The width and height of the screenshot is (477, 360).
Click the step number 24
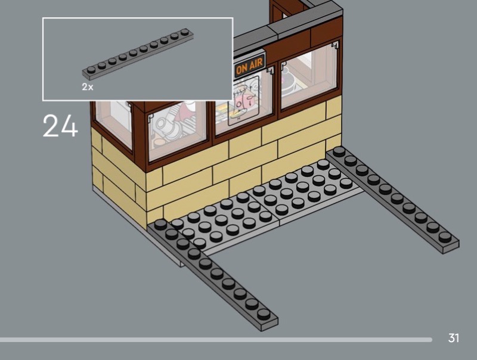click(x=60, y=126)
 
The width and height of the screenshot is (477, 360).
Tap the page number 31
click(x=454, y=339)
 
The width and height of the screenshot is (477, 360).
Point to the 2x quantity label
click(x=88, y=87)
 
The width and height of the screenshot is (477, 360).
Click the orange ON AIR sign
click(x=250, y=67)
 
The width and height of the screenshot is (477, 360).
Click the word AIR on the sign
click(x=256, y=66)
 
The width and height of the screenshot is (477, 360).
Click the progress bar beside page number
click(x=215, y=340)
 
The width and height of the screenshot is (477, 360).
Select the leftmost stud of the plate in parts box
click(x=91, y=69)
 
